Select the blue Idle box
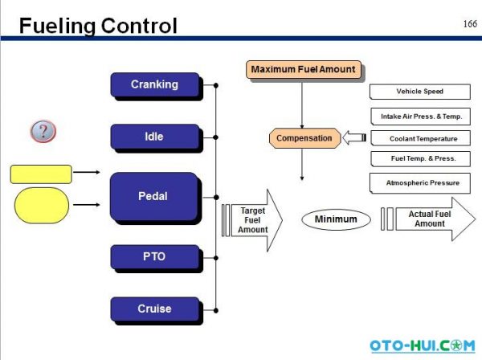[154, 137]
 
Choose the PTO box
[154, 257]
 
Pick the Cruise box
[154, 309]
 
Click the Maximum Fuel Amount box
[303, 70]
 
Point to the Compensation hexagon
[304, 138]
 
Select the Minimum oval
[336, 219]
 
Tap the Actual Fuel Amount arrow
[430, 219]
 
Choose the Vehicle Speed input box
[419, 92]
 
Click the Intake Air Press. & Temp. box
[419, 116]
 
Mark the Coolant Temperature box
[419, 138]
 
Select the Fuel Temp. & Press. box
[419, 160]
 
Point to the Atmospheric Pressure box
[419, 183]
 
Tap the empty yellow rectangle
[41, 174]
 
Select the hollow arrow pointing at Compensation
[353, 138]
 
